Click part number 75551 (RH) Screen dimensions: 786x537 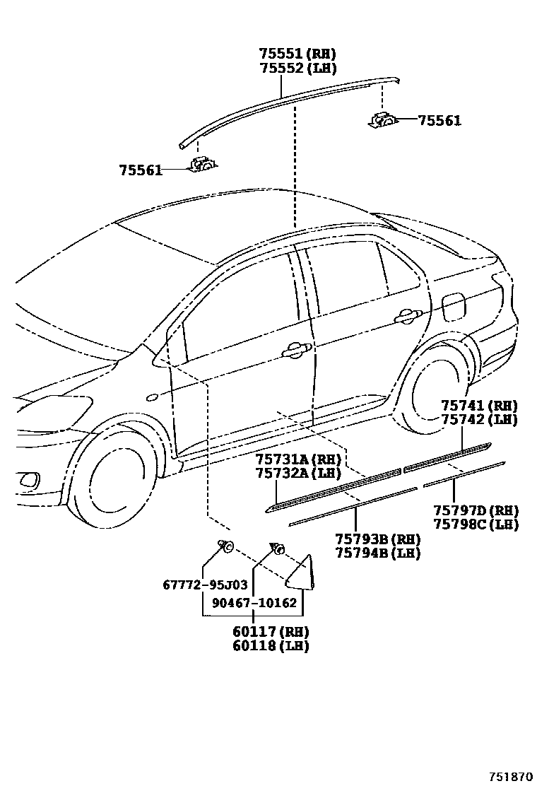297,54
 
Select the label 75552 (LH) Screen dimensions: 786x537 297,68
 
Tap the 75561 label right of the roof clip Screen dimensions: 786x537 439,121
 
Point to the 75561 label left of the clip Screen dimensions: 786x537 141,170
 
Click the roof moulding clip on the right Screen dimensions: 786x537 384,119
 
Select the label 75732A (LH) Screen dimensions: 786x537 297,473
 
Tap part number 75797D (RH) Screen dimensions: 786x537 476,510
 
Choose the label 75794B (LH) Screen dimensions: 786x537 377,553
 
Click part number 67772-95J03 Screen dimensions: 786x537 205,585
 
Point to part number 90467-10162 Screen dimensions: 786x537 254,603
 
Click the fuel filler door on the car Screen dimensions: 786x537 454,305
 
